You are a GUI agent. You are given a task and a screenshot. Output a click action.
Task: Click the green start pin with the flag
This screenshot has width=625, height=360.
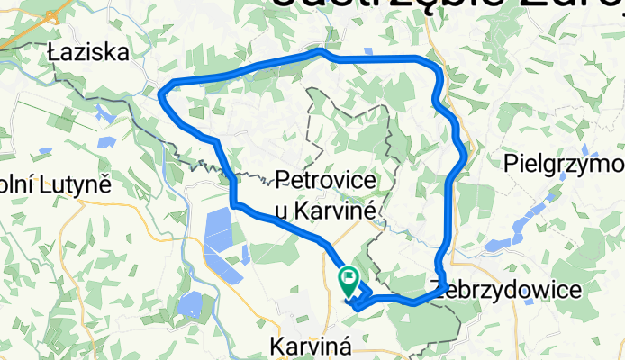pyautogui.click(x=348, y=280)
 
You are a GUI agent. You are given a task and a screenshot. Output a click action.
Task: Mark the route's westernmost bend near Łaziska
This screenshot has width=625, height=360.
pyautogui.click(x=162, y=91)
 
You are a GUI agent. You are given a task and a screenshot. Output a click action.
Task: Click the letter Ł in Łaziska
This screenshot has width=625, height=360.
pyautogui.click(x=53, y=54)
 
